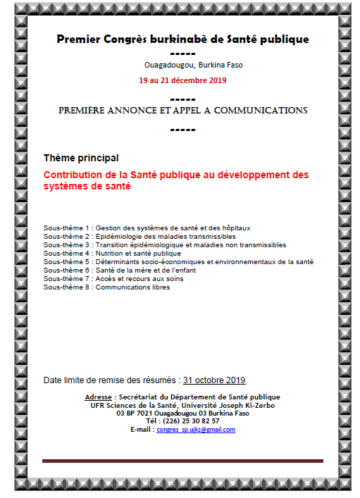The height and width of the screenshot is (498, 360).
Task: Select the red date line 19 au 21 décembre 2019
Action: coord(182,80)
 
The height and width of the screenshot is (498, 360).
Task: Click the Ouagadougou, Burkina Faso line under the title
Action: coord(183,66)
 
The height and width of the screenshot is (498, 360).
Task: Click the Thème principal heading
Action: coord(81,158)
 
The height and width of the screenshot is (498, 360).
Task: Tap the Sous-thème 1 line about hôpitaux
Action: coord(147,228)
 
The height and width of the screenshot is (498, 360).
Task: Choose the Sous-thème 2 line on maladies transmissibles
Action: coord(139,236)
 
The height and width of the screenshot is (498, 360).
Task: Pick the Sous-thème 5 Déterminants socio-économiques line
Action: coord(178,261)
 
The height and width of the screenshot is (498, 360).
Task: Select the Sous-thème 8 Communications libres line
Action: coord(106,287)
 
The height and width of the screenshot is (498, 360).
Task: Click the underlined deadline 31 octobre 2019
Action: coord(214,380)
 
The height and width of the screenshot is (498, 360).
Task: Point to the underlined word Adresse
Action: coord(98,397)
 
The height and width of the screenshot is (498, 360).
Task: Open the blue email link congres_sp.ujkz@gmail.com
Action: coord(196,430)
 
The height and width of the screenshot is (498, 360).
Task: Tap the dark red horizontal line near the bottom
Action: coord(182,461)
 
